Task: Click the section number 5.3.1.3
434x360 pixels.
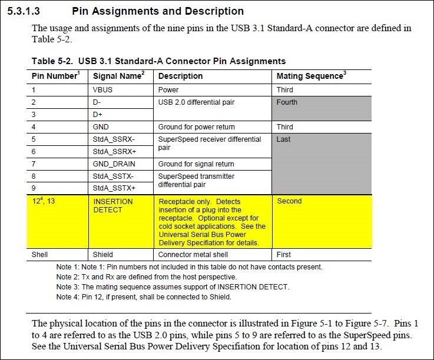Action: [26, 11]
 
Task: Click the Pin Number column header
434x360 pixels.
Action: [55, 76]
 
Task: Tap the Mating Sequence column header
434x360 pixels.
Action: [311, 76]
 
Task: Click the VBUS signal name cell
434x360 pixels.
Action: [102, 90]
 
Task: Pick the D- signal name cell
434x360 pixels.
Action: [98, 102]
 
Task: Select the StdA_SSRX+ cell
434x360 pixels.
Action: [114, 151]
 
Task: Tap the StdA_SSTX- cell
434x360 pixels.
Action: [114, 176]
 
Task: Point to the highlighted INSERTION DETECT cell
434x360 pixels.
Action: [113, 205]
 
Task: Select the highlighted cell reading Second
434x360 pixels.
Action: [289, 201]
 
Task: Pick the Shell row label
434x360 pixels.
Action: [41, 255]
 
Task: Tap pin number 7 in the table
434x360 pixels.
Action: [34, 164]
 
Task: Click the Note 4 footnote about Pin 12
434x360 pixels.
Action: [144, 297]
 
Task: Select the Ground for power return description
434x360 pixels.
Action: [196, 127]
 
